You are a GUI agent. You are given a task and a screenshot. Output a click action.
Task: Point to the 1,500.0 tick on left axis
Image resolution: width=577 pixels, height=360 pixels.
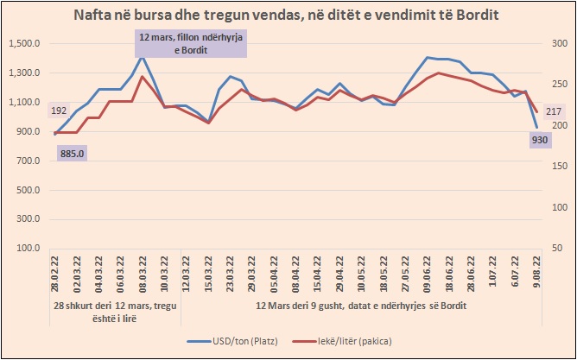pos(24,43)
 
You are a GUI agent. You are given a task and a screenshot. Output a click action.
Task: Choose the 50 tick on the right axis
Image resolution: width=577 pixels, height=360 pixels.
pos(553,249)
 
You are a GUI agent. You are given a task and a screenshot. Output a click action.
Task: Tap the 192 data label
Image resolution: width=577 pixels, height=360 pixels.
pos(59,111)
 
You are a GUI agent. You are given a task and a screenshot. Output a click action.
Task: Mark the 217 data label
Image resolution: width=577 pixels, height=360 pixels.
pos(554,111)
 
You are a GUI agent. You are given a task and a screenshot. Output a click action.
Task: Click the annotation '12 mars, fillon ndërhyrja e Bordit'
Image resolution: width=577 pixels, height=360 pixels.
pos(191,43)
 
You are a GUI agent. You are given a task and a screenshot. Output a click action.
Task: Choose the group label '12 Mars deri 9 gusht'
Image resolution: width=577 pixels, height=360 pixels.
pos(365,306)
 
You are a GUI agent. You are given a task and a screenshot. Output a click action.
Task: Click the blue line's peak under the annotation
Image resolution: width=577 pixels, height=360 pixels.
pos(142,56)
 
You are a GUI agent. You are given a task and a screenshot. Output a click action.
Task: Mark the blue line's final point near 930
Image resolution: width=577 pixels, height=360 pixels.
pos(536,128)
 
